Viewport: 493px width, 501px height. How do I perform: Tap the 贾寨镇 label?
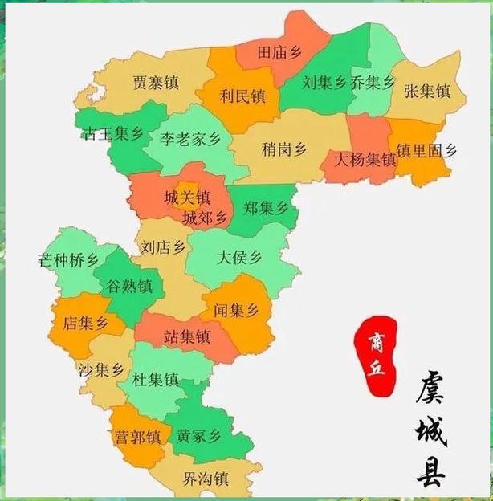156,83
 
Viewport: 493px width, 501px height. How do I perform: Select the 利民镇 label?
242,96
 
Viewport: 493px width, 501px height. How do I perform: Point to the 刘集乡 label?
324,83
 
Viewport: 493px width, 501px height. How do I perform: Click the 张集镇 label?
427,90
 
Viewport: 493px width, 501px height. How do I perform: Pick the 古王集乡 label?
112,134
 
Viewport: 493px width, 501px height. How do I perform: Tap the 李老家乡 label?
189,138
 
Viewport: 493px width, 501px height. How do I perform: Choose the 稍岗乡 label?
284,149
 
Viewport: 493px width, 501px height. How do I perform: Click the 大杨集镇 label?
365,160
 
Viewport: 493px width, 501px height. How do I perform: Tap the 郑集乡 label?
266,209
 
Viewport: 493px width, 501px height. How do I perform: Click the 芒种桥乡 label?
68,261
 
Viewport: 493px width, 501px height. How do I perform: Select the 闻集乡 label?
236,309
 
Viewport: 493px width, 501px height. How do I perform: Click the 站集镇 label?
186,337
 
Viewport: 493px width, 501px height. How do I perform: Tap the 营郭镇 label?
136,438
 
